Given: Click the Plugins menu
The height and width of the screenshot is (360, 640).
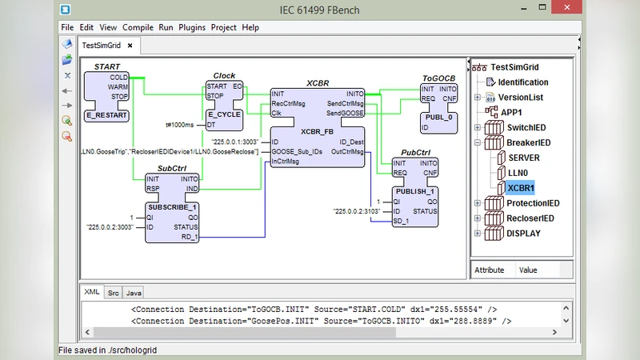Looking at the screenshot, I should tap(192, 27).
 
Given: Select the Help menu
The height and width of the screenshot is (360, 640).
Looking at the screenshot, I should tap(250, 27).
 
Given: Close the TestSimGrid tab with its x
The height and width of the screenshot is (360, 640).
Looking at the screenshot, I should tap(130, 46).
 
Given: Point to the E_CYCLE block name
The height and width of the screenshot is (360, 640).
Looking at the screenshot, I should tap(223, 115).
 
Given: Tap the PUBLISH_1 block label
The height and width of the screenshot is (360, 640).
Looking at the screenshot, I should tap(415, 191).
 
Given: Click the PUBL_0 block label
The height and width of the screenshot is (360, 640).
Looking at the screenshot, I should tap(439, 117).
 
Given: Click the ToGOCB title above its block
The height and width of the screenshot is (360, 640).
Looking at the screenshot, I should tap(438, 78).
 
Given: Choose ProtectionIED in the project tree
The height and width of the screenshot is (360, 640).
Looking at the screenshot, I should tap(532, 203).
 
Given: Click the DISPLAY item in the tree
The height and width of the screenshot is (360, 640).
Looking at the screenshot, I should tap(524, 234).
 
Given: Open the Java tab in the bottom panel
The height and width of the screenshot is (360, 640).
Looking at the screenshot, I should tap(134, 293).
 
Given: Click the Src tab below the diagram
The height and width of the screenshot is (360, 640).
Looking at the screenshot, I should tap(114, 293).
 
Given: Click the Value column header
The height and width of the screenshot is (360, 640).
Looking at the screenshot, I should tap(528, 270).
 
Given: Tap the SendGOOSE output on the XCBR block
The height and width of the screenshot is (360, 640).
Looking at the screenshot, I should tap(345, 114).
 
